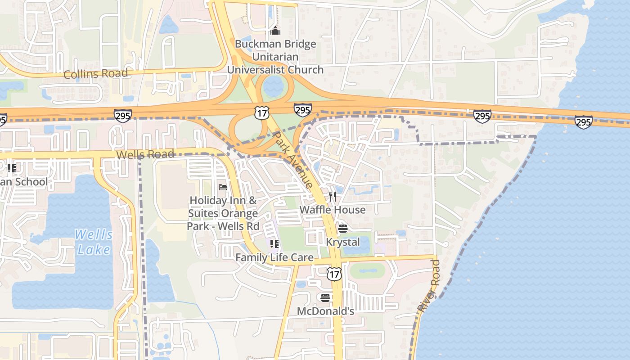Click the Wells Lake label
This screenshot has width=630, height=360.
[94, 242]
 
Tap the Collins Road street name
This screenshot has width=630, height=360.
[95, 73]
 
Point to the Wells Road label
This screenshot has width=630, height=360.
[145, 154]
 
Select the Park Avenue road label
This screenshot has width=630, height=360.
[293, 159]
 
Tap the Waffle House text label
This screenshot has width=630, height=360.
[333, 210]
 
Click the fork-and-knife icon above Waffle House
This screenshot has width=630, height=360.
[333, 196]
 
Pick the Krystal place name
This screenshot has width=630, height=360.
[343, 242]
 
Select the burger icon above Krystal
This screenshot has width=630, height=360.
[343, 229]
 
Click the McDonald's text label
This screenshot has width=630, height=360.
[325, 311]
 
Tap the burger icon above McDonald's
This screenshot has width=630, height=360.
[325, 297]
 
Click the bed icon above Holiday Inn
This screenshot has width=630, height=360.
[223, 187]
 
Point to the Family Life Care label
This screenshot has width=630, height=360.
[274, 258]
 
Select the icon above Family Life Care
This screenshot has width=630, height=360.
[274, 244]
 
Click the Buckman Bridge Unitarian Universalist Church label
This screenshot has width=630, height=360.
[275, 57]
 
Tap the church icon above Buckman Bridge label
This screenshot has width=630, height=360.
[275, 31]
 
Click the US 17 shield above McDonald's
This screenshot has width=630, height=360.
[334, 274]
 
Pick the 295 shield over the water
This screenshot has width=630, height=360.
[583, 122]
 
